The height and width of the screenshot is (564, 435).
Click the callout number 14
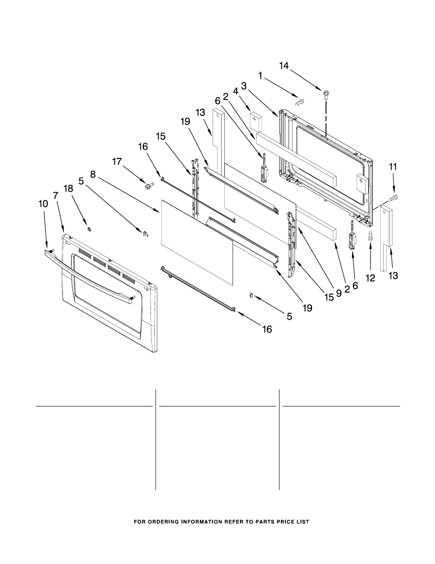coord(284,66)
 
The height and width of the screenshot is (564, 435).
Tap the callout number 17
coord(118,161)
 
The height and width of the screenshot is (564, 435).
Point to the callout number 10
coord(43,204)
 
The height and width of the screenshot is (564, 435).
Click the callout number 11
coord(393,167)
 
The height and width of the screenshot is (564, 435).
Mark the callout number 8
coord(93,174)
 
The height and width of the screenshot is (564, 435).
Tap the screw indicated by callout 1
coord(300,102)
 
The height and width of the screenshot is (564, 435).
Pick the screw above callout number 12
coord(370,236)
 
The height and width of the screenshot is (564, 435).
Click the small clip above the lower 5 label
coord(250,295)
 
